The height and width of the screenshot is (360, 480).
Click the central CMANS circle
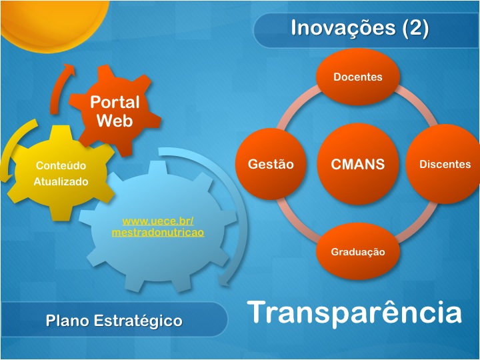pyautogui.click(x=358, y=164)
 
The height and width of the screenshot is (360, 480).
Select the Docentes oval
pyautogui.click(x=358, y=77)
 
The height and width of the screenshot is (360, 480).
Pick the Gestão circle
pyautogui.click(x=271, y=164)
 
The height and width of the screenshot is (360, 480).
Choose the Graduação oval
pyautogui.click(x=358, y=251)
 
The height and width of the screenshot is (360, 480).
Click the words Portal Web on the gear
pyautogui.click(x=115, y=111)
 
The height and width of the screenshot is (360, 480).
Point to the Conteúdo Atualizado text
pyautogui.click(x=61, y=173)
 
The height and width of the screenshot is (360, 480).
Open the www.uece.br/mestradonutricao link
pyautogui.click(x=158, y=227)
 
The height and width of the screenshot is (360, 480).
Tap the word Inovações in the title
pyautogui.click(x=343, y=28)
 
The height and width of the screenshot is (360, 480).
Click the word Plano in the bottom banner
pyautogui.click(x=67, y=321)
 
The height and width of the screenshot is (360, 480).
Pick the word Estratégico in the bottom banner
pyautogui.click(x=138, y=321)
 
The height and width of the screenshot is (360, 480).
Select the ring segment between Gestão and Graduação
pyautogui.click(x=296, y=221)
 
